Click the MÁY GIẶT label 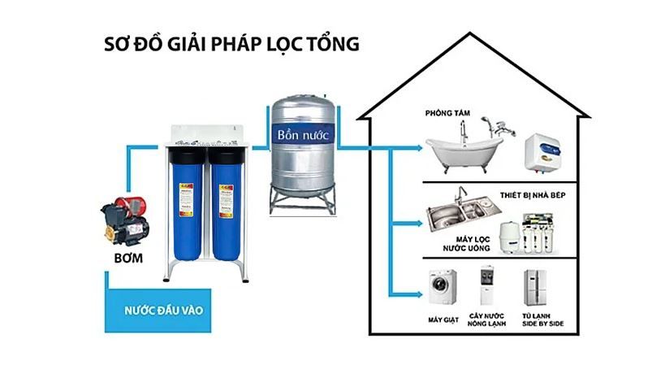tap(443, 319)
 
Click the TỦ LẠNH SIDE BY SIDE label tap(538, 322)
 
